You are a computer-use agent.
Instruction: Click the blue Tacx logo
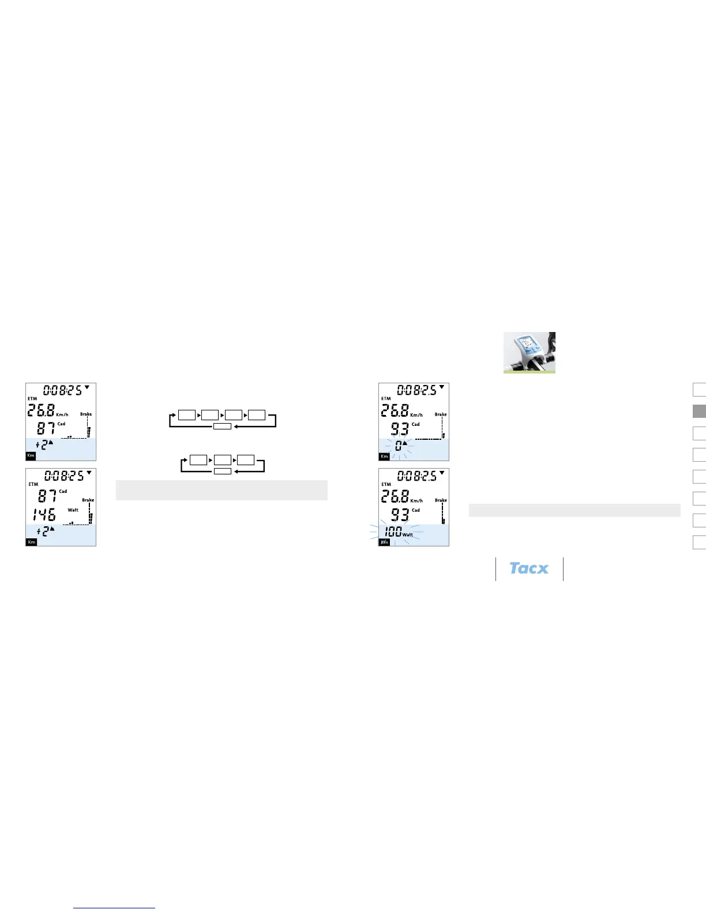529,568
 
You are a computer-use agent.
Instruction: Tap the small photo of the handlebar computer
529,352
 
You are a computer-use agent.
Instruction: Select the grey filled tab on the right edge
699,411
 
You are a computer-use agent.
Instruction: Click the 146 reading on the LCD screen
44,515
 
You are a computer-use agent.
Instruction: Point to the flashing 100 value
393,531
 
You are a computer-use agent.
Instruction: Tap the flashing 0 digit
398,446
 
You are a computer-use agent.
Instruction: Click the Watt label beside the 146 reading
73,510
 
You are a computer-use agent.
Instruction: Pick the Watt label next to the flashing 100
408,535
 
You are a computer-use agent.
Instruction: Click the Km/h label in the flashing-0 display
416,415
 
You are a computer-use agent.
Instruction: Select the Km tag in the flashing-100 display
384,542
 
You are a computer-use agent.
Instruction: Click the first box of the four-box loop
187,415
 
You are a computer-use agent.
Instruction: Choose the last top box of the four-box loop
257,415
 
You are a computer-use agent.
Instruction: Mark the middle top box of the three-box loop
223,460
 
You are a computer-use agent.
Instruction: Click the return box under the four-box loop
223,427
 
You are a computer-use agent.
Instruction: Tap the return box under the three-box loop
223,471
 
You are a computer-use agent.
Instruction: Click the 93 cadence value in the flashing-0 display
400,429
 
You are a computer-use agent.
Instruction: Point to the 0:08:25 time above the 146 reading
64,476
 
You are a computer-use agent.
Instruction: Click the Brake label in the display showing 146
88,500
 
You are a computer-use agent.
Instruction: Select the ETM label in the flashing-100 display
386,484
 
